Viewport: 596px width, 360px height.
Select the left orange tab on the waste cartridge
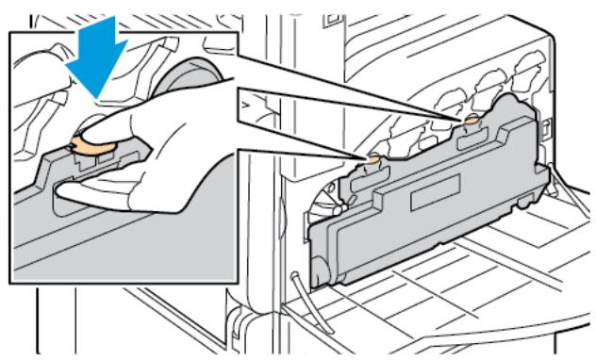point(372,162)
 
